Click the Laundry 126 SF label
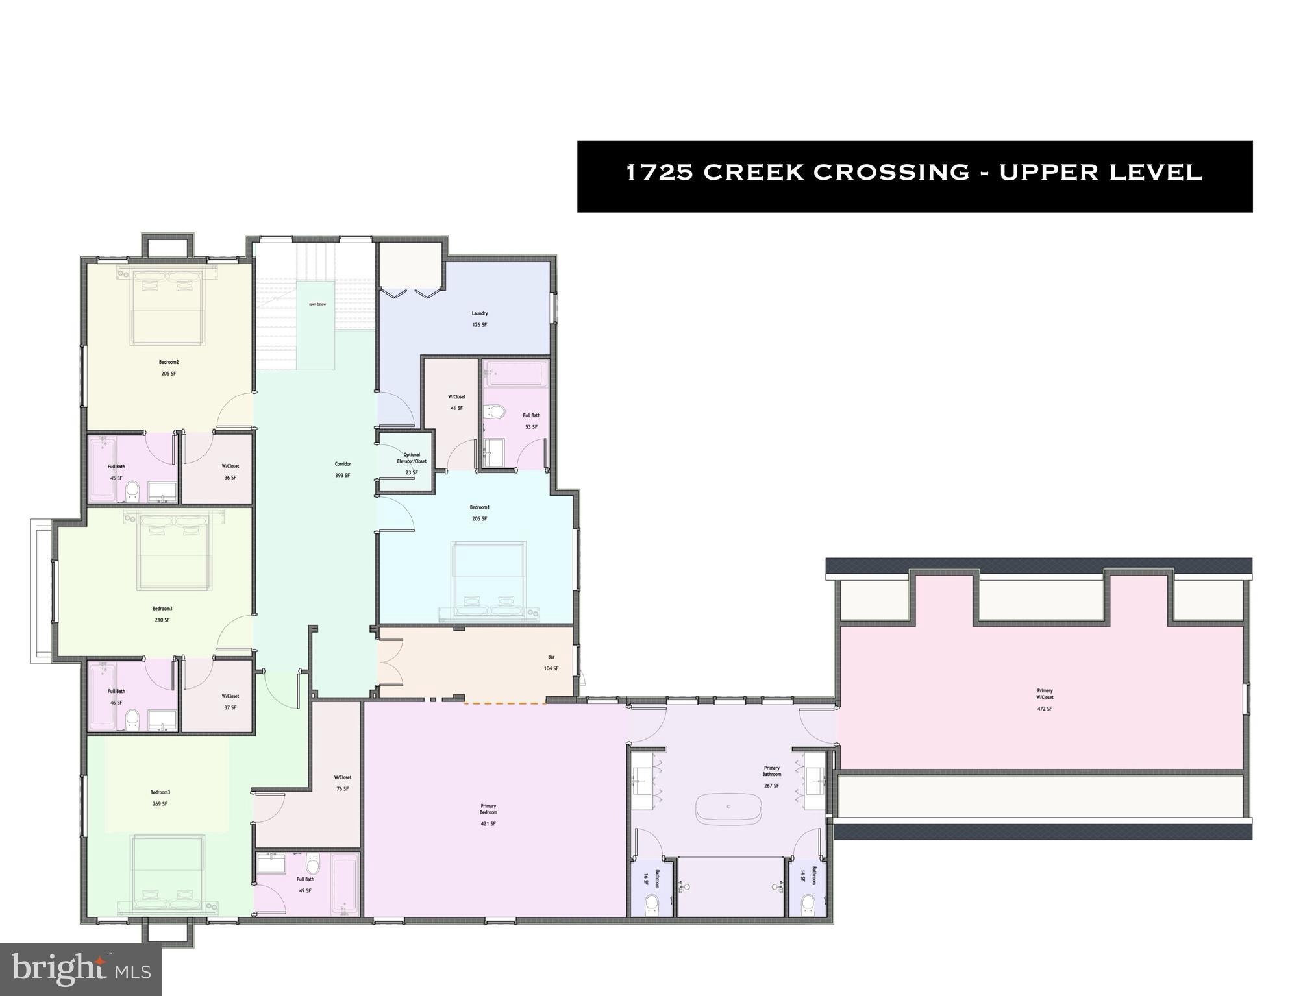click(x=479, y=319)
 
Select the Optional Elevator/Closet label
click(x=412, y=463)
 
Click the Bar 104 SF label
click(x=551, y=662)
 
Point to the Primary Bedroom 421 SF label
click(x=488, y=814)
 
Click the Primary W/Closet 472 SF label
click(x=1045, y=699)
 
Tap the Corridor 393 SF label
click(x=343, y=469)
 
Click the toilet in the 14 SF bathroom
click(x=808, y=903)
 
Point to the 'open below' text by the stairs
click(x=317, y=304)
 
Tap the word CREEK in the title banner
click(x=753, y=173)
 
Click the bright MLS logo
click(x=81, y=969)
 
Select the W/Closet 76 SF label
click(x=342, y=783)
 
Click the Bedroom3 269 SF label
click(x=160, y=797)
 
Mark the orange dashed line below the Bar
click(x=504, y=703)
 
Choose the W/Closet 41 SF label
click(x=456, y=402)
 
